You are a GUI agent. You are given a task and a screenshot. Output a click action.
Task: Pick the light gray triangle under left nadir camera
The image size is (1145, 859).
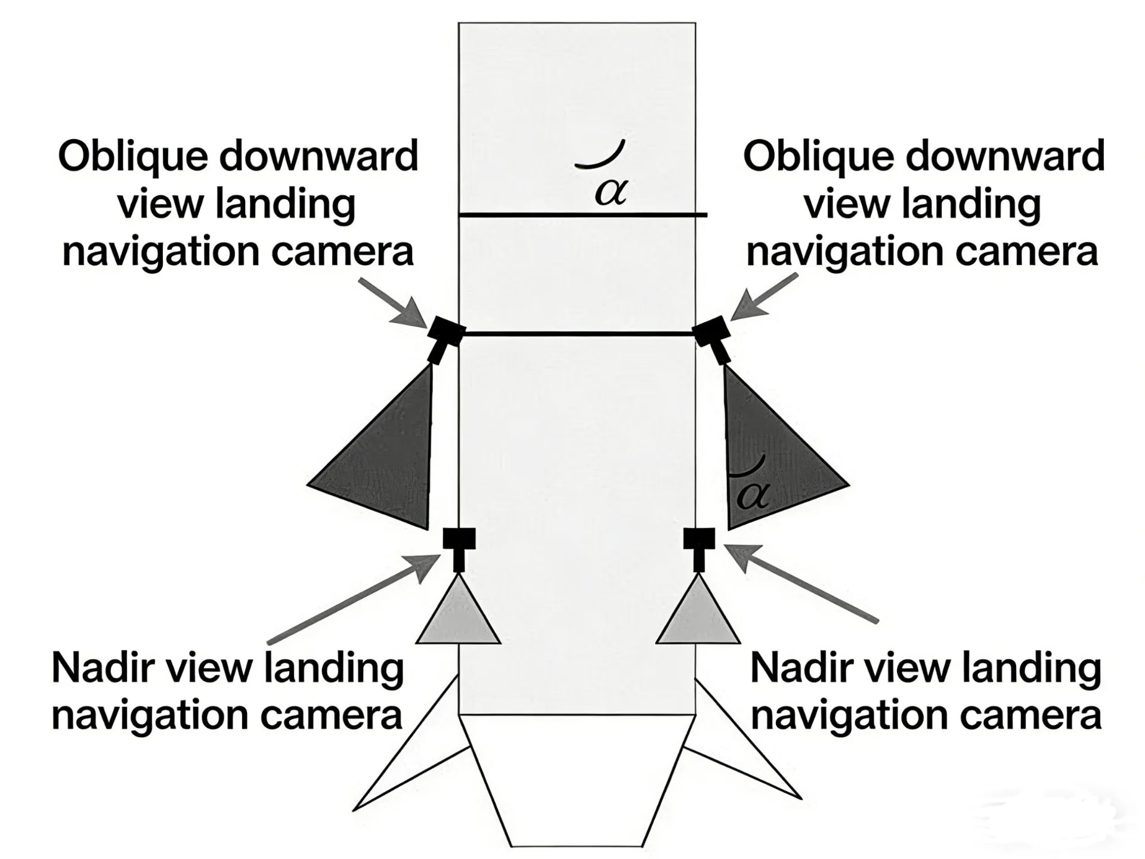coord(458,617)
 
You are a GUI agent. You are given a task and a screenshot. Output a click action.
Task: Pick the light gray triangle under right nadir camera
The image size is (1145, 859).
coord(698,617)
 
